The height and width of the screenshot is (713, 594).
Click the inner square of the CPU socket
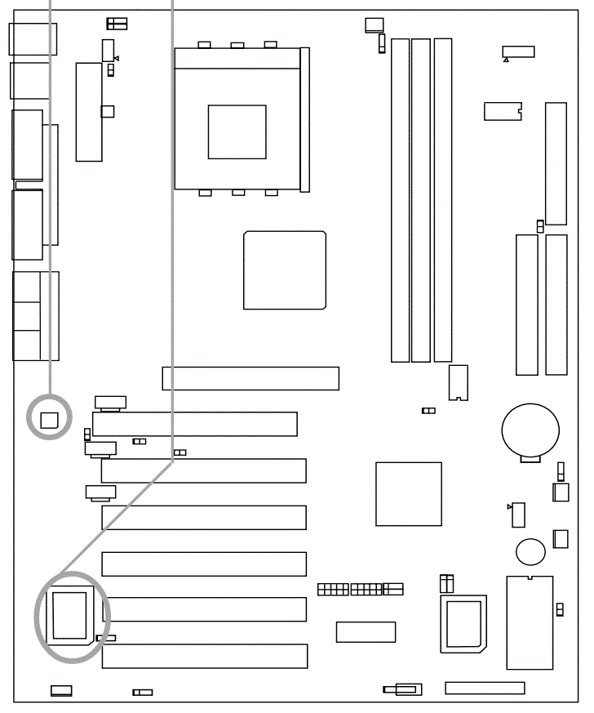(x=237, y=131)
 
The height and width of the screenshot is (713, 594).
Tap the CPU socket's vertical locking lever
(x=305, y=119)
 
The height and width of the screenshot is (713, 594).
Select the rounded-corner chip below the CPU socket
(x=285, y=270)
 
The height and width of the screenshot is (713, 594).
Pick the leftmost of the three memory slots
(x=400, y=199)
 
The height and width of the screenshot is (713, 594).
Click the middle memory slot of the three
(x=421, y=199)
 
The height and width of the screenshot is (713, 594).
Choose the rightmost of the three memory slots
(x=442, y=199)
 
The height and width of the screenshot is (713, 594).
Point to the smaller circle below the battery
(x=530, y=550)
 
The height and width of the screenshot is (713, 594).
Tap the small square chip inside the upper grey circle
(x=50, y=419)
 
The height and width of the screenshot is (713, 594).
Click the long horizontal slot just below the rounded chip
(x=250, y=378)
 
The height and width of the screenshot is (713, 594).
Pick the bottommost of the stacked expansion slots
(x=204, y=656)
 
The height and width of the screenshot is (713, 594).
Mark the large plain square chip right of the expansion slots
(x=409, y=493)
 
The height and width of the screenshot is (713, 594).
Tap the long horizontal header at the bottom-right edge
(x=485, y=688)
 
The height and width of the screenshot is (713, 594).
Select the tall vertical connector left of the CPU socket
(x=89, y=111)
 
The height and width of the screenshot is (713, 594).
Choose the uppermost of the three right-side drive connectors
(x=556, y=163)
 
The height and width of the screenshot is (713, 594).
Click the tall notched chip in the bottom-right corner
(x=530, y=622)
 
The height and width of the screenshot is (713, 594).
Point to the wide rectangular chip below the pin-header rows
(x=366, y=631)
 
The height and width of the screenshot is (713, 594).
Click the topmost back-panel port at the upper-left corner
(x=33, y=38)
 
